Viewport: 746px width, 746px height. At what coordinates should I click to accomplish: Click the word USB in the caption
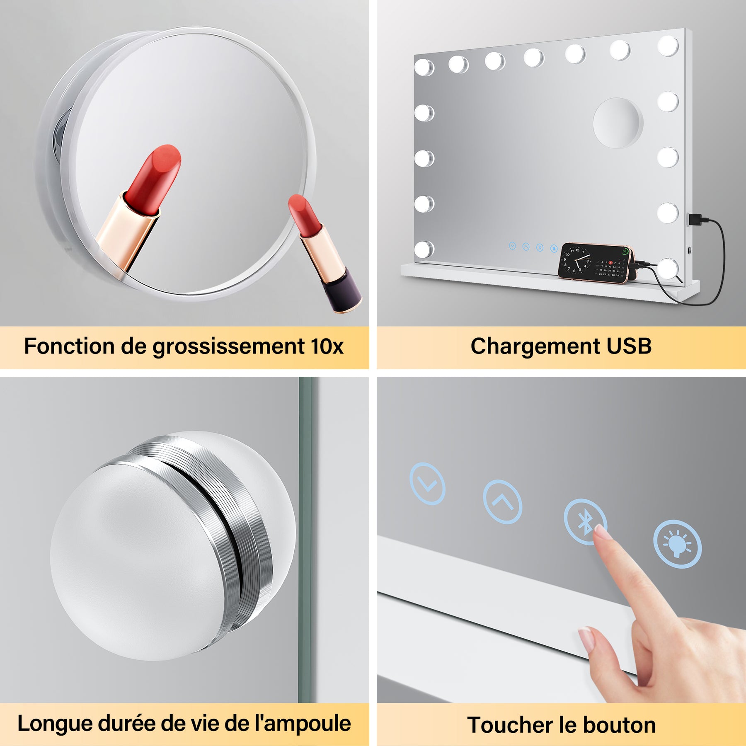[629, 346]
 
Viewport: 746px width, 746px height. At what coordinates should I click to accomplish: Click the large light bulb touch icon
[677, 544]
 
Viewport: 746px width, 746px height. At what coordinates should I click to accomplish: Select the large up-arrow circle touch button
[502, 502]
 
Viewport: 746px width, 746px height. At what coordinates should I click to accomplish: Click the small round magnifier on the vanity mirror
[618, 123]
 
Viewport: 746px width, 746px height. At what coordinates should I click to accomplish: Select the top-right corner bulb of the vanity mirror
[668, 46]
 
